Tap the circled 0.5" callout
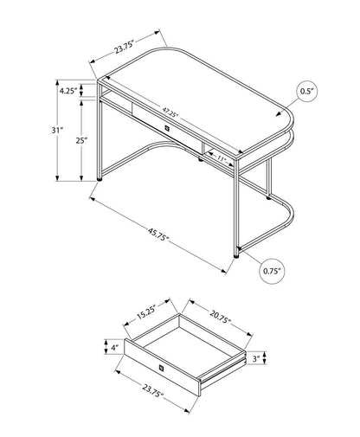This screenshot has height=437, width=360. point(306,91)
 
